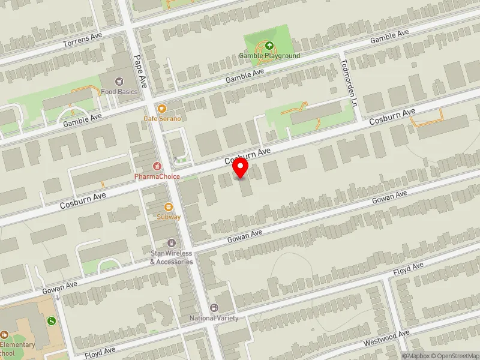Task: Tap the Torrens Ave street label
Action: pyautogui.click(x=83, y=40)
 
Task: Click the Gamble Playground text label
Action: pyautogui.click(x=269, y=56)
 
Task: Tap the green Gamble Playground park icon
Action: pyautogui.click(x=269, y=45)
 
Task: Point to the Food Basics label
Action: pyautogui.click(x=119, y=92)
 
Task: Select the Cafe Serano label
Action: pyautogui.click(x=162, y=119)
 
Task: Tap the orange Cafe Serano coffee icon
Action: pyautogui.click(x=162, y=108)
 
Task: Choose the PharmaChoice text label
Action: pyautogui.click(x=157, y=177)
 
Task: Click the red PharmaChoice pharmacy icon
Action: pyautogui.click(x=157, y=166)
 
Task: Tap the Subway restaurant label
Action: pyautogui.click(x=169, y=217)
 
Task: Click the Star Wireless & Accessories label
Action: pyautogui.click(x=172, y=257)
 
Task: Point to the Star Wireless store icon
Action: pyautogui.click(x=172, y=243)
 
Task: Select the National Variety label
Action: pyautogui.click(x=214, y=318)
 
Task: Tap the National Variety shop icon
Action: pyautogui.click(x=214, y=307)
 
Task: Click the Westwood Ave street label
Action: pyautogui.click(x=387, y=337)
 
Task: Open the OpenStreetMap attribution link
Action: pyautogui.click(x=454, y=355)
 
